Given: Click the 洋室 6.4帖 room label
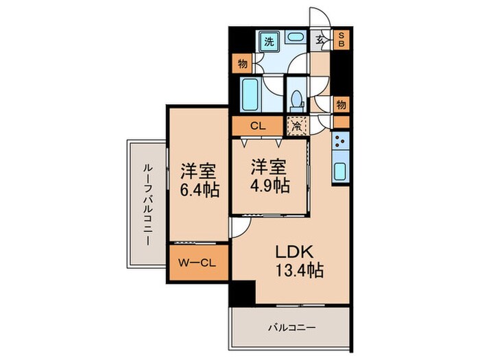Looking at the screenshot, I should point(200,180).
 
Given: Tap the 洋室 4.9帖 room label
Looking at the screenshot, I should point(269,176).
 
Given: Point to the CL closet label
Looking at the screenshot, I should point(257,126).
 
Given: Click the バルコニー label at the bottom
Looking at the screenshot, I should point(291,328).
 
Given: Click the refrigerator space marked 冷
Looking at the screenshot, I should point(296,126).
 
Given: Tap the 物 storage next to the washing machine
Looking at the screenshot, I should point(242,64).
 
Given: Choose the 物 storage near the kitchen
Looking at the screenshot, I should point(341,104).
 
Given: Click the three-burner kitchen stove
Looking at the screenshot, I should point(340,142).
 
